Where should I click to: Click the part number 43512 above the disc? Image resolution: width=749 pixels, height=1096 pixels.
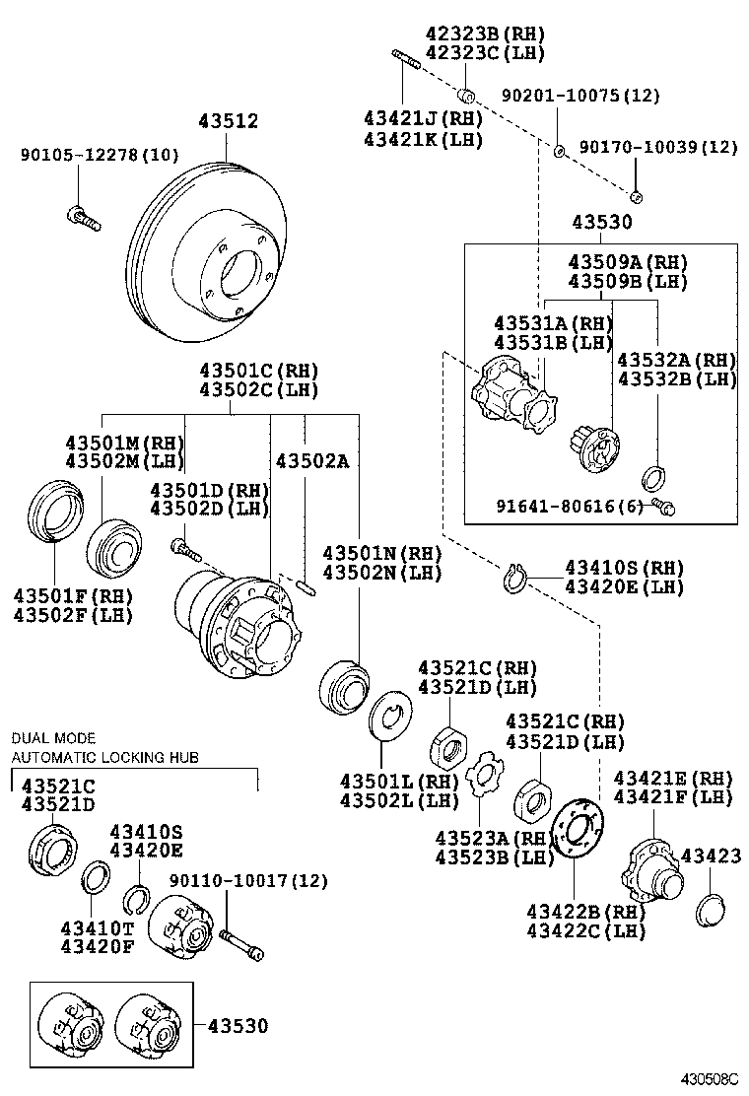click(228, 122)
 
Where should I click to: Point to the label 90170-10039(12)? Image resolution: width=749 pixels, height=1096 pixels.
click(657, 147)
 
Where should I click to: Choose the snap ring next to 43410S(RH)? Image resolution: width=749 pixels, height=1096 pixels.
click(514, 580)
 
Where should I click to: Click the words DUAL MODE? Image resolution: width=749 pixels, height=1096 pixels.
click(53, 737)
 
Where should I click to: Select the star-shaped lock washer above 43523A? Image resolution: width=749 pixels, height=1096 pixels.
click(483, 776)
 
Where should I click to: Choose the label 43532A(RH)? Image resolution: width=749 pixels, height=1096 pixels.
click(676, 360)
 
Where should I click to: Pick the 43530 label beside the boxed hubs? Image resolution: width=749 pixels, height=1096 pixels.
click(237, 1025)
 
